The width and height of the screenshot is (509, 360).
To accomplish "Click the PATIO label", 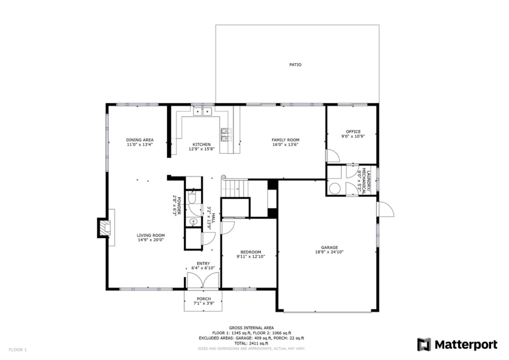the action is [295, 65].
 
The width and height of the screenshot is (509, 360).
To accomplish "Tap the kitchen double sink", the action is [202, 112].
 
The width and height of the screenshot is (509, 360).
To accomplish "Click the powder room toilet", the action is [192, 197].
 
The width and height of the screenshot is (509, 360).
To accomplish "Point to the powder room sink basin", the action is [193, 221].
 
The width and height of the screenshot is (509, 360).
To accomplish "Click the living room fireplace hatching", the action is [105, 228].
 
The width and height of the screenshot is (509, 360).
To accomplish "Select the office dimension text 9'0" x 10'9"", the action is [353, 137].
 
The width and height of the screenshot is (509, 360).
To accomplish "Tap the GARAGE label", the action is [329, 248].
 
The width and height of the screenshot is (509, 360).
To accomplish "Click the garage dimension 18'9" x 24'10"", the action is [329, 252].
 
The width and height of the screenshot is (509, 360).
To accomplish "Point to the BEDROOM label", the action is [251, 252].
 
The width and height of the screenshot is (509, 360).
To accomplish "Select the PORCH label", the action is [204, 298].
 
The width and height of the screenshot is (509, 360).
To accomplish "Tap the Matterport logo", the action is [457, 344].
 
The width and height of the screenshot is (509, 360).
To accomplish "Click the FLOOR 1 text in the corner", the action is [18, 350].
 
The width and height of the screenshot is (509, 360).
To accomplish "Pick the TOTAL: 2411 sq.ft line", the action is [251, 343].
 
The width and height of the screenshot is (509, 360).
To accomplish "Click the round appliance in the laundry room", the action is [335, 188].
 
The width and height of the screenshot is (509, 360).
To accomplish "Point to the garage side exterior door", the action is [385, 209].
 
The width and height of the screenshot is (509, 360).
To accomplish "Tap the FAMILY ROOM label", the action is [285, 140].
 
